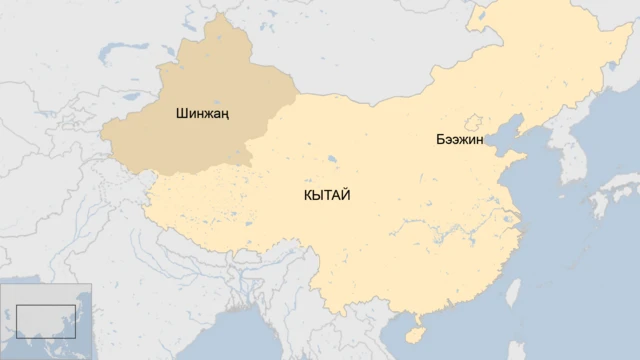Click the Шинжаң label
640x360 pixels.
(202, 114)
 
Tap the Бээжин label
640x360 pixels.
(459, 140)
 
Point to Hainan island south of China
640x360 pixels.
(414, 327)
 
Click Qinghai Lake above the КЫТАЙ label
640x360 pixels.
(331, 158)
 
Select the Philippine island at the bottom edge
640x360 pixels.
(520, 350)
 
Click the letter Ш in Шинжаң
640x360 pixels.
(180, 114)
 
